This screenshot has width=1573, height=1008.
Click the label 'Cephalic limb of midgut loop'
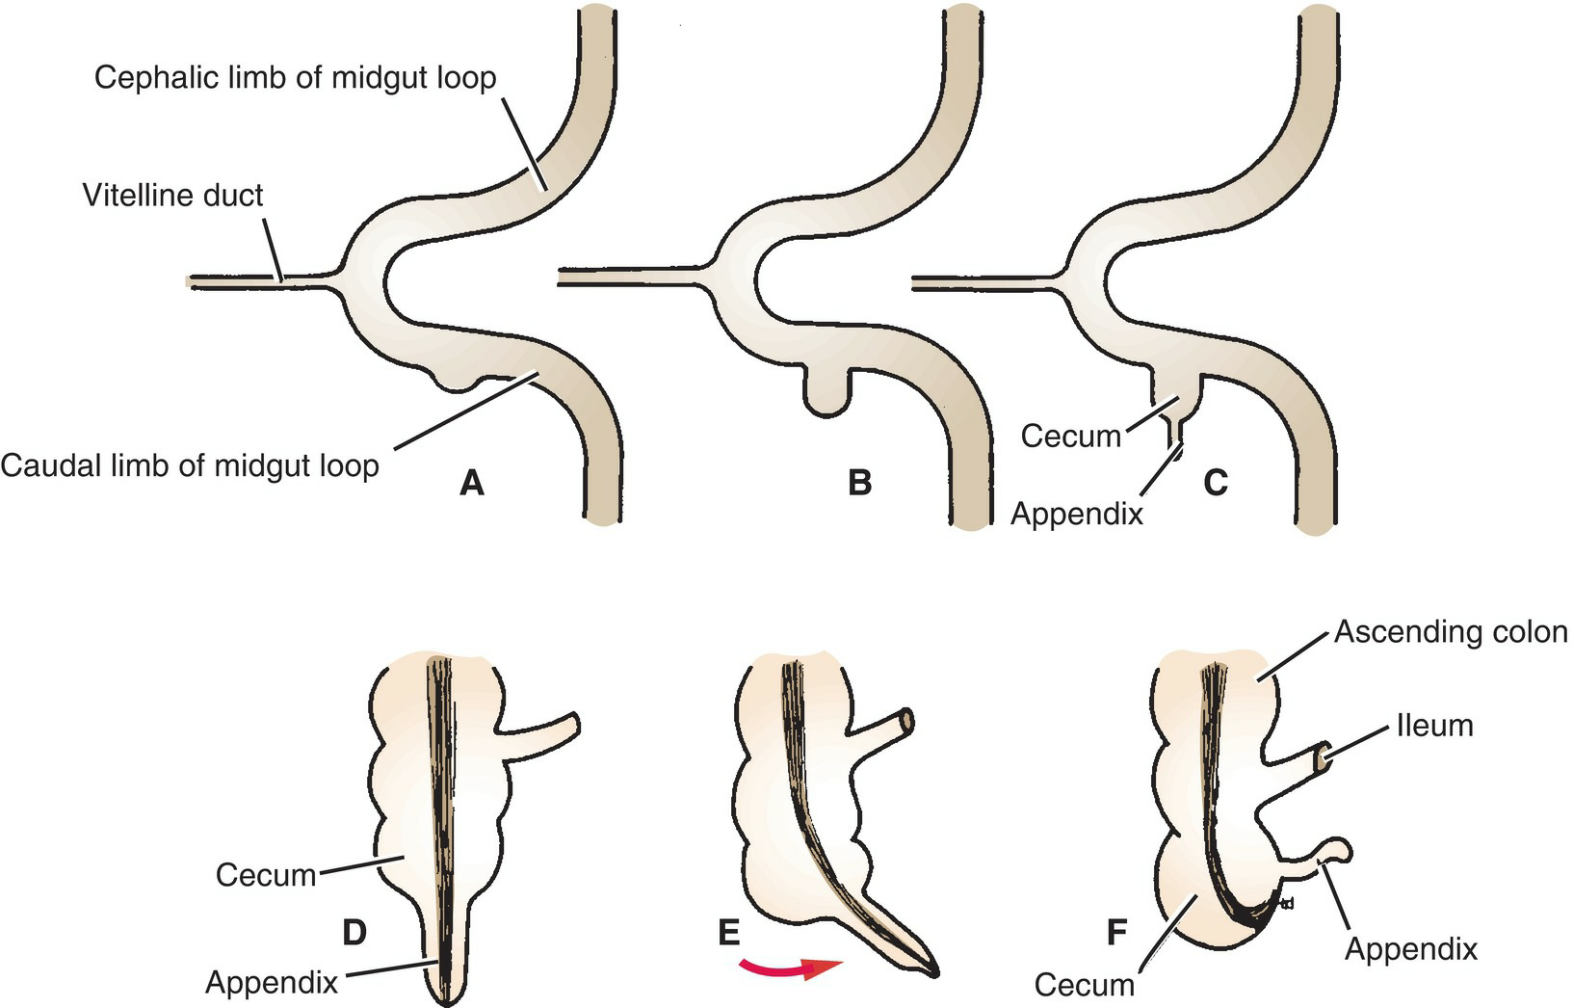click(x=295, y=77)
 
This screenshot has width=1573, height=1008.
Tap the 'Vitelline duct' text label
click(x=173, y=196)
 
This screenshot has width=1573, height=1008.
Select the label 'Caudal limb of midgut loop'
click(x=190, y=466)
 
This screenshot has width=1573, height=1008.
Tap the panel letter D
click(x=354, y=933)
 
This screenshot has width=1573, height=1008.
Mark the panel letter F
click(x=1116, y=933)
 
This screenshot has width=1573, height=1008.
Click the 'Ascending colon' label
click(x=1451, y=633)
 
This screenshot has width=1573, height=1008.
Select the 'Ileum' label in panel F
click(x=1435, y=725)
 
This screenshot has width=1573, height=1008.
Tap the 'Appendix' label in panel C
click(x=1076, y=514)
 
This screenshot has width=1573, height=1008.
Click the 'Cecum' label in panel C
click(x=1071, y=437)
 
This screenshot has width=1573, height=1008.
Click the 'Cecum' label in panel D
click(x=266, y=875)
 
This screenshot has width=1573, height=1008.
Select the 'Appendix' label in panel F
click(x=1411, y=949)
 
